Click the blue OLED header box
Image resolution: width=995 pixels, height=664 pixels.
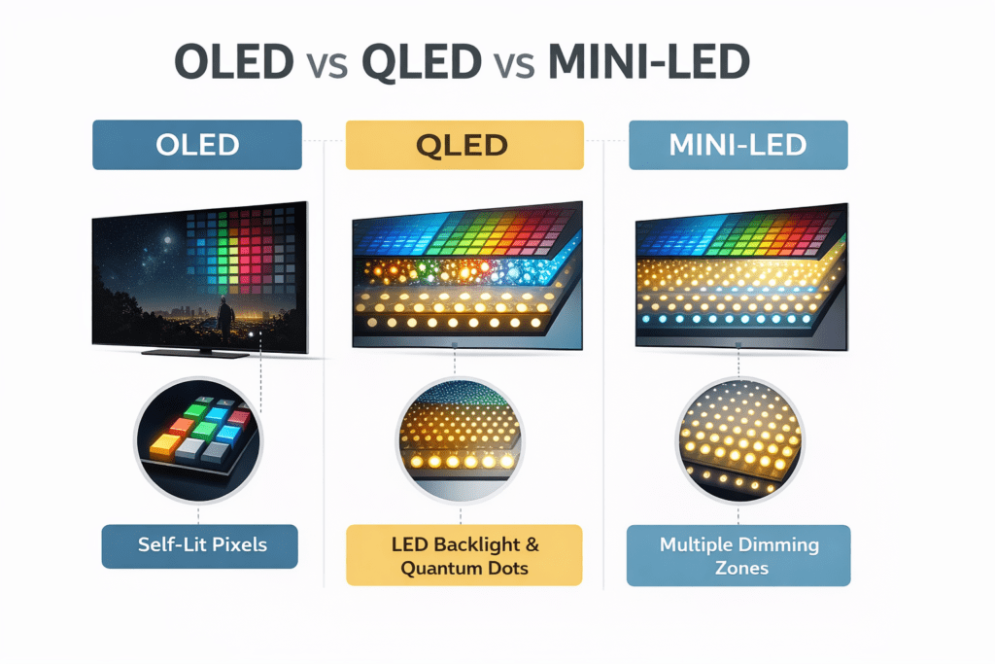click(x=197, y=145)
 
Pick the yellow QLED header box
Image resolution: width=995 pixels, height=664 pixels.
click(x=464, y=145)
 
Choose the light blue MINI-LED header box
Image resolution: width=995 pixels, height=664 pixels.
click(x=738, y=145)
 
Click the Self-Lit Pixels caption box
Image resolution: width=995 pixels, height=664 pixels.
click(x=199, y=546)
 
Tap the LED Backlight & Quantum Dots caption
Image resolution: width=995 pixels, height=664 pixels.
click(x=463, y=555)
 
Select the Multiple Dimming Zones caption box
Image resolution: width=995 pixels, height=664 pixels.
click(x=738, y=555)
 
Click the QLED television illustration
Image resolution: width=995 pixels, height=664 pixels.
click(x=464, y=277)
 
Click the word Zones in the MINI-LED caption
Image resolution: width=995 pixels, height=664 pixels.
click(x=738, y=568)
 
